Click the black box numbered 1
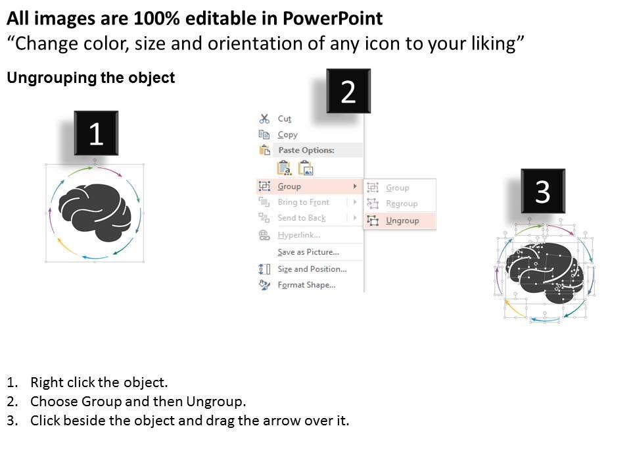click(96, 133)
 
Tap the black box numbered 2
click(348, 91)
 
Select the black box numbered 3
click(543, 191)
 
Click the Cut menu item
click(284, 119)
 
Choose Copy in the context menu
click(287, 134)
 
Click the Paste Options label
click(306, 150)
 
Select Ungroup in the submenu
click(402, 221)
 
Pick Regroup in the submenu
click(402, 203)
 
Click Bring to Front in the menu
click(304, 202)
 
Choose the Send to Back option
click(302, 218)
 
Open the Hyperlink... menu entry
click(299, 235)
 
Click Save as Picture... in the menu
click(308, 252)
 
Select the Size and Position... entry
click(312, 269)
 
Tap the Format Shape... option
click(306, 285)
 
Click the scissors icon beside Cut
click(264, 118)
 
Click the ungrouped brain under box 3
click(544, 273)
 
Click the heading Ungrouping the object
click(91, 78)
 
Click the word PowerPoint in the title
click(333, 18)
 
